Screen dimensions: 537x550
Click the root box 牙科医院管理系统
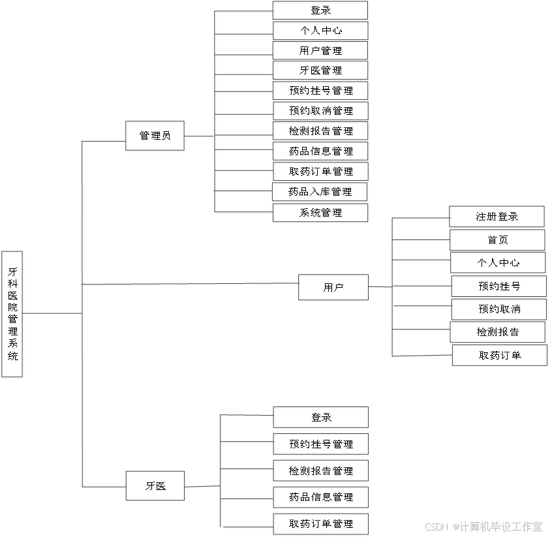click(14, 315)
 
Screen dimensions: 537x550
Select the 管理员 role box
click(156, 137)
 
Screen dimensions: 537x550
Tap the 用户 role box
click(334, 288)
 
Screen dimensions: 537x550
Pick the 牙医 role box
click(156, 487)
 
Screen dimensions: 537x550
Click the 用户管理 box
click(322, 52)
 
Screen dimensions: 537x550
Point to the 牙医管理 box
click(322, 71)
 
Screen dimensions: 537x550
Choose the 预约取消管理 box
click(322, 112)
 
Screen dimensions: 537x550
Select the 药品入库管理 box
click(322, 193)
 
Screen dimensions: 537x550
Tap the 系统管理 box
click(322, 213)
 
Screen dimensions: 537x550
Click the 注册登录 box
click(498, 217)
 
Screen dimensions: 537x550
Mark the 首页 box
click(498, 241)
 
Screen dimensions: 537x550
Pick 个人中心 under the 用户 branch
click(498, 264)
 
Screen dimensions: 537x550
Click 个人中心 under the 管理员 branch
click(322, 31)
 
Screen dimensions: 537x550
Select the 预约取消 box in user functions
click(499, 309)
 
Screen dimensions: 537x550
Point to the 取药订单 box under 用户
click(500, 356)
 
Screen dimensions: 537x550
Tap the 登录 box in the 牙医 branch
click(322, 418)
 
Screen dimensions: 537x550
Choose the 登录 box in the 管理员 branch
click(322, 11)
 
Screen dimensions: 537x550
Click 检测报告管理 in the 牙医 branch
click(322, 472)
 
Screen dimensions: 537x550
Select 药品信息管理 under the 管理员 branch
click(322, 152)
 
